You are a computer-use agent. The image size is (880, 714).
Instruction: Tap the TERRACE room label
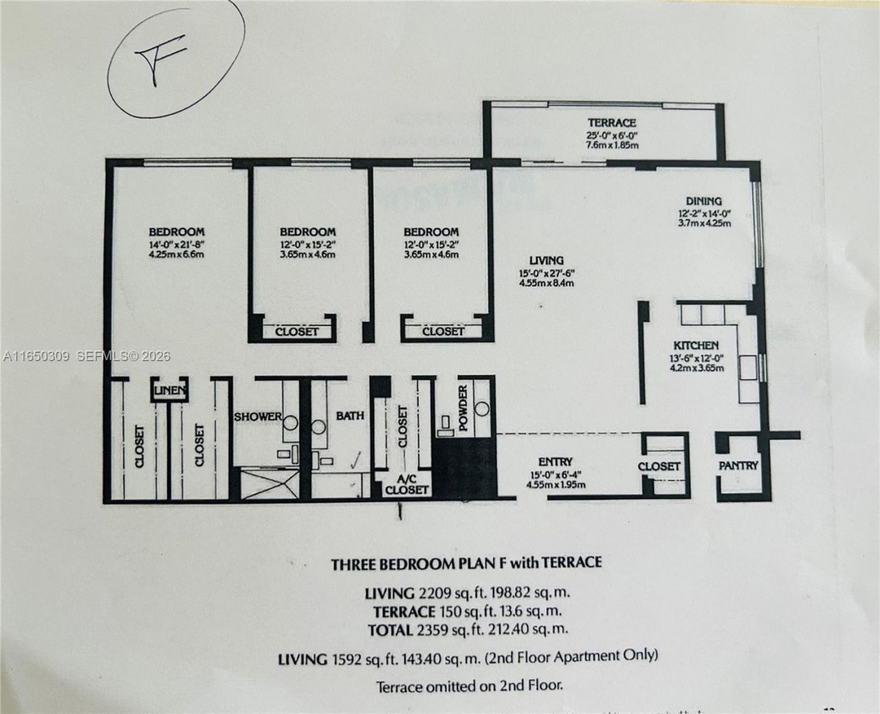click(x=606, y=122)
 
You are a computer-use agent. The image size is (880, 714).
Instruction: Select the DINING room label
click(x=703, y=201)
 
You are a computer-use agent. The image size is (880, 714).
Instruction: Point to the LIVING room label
click(x=547, y=261)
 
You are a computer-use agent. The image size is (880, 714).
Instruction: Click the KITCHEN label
click(x=696, y=345)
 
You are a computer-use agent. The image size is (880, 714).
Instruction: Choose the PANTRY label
click(x=738, y=466)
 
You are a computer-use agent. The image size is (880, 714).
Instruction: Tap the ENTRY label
click(x=555, y=462)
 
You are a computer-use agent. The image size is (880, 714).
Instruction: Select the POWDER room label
click(x=463, y=409)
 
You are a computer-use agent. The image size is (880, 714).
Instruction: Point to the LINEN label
click(x=170, y=391)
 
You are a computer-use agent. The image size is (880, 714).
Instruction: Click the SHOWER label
click(x=258, y=416)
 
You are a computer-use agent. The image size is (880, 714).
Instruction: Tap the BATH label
click(x=350, y=415)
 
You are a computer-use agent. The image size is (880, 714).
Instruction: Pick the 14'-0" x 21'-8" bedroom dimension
click(x=177, y=244)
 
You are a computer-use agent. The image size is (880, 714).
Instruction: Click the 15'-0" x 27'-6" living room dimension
click(x=547, y=272)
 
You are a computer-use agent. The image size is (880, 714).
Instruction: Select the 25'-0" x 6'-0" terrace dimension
click(x=606, y=135)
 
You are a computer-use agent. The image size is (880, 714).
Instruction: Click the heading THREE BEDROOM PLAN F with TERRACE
click(x=466, y=563)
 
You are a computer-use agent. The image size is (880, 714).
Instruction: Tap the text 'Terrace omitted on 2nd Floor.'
click(x=470, y=685)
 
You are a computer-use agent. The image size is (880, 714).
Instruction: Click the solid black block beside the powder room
click(x=464, y=464)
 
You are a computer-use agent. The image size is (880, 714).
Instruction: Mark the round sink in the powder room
click(x=482, y=408)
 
